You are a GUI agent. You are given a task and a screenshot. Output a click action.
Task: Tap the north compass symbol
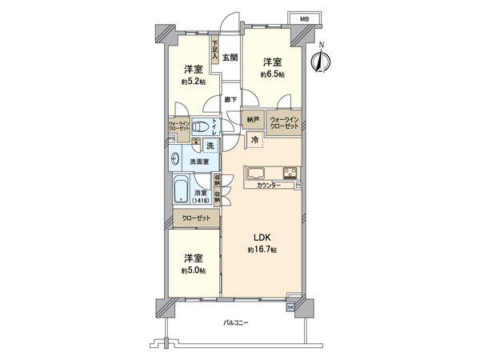point(322,59)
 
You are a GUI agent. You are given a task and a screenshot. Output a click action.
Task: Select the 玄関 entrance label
point(230,57)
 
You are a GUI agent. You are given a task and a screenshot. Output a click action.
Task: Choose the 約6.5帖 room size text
point(272,74)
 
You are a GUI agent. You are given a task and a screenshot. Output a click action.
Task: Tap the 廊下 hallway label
point(231,99)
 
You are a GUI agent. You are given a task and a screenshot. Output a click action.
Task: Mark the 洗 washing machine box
point(210,145)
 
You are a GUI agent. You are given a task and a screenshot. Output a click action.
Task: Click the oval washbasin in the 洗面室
point(175,158)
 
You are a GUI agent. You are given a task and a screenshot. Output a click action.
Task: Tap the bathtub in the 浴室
point(181,193)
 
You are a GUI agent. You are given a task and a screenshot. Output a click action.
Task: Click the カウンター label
point(269,186)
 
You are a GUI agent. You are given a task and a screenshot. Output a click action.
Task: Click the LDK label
point(261,238)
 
